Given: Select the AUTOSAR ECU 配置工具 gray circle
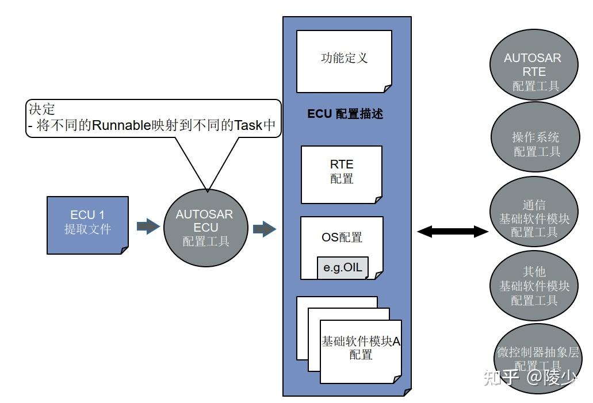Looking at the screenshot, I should click(205, 228).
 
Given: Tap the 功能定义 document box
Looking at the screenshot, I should click(344, 60).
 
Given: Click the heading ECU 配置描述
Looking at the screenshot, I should click(345, 114).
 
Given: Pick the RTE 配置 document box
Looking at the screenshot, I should click(342, 174).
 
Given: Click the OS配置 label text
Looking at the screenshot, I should click(342, 236).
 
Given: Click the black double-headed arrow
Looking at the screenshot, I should click(452, 232).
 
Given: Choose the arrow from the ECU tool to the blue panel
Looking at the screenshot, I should click(265, 229).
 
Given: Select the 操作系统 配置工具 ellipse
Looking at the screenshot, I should click(535, 144).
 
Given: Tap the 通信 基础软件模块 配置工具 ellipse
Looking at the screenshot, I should click(534, 218).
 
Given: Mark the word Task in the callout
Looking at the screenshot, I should click(248, 125).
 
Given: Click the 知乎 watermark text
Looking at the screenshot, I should click(502, 378).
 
